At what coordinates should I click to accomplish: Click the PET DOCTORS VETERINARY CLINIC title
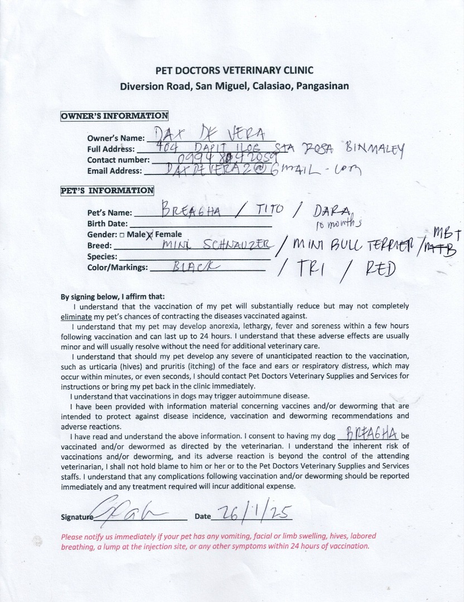(x=234, y=70)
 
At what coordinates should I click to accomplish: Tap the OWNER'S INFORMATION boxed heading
(x=114, y=116)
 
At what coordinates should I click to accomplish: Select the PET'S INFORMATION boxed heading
(x=107, y=191)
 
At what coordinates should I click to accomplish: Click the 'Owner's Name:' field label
(x=116, y=138)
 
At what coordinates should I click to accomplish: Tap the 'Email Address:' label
(x=114, y=171)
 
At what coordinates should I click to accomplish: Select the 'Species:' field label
(x=102, y=257)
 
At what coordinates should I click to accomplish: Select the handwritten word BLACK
(x=191, y=267)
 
